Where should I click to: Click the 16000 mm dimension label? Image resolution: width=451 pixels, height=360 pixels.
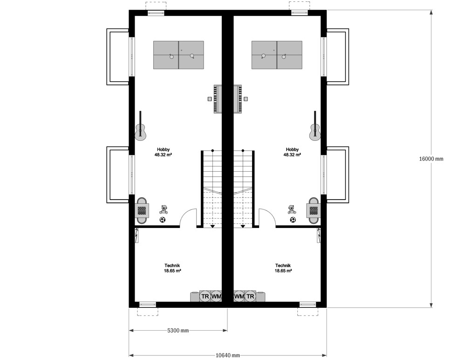click(x=431, y=159)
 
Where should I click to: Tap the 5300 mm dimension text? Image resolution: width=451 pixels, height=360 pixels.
click(x=178, y=331)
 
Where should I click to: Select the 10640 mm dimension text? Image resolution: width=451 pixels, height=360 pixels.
click(x=227, y=355)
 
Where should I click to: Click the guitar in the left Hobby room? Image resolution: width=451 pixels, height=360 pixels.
click(x=140, y=131)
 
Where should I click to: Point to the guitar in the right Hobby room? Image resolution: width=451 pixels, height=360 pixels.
click(x=315, y=131)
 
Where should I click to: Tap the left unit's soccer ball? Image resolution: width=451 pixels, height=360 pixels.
click(x=163, y=220)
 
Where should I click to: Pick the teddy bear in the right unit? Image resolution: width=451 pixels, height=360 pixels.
click(x=292, y=209)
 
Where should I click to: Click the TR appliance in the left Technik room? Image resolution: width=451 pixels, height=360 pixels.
click(x=205, y=297)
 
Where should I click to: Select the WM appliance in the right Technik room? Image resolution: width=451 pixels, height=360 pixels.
click(x=239, y=297)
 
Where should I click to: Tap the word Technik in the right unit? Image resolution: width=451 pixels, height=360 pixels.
click(x=283, y=265)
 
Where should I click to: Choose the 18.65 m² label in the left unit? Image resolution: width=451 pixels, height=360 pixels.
click(x=172, y=270)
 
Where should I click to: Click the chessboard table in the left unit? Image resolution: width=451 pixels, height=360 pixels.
click(x=142, y=210)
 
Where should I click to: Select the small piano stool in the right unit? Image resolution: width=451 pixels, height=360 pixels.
click(x=246, y=99)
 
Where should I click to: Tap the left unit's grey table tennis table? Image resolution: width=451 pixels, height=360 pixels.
click(x=178, y=55)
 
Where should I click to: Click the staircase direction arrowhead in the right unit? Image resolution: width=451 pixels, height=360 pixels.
click(x=243, y=226)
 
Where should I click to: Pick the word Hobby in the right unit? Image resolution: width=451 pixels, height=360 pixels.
click(x=293, y=149)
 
